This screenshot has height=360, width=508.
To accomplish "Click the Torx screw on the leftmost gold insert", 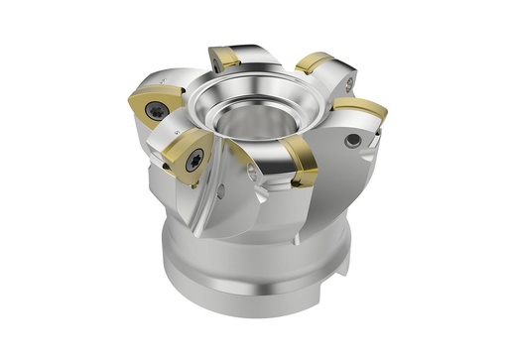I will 156,112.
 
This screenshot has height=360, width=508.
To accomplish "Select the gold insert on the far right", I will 361,107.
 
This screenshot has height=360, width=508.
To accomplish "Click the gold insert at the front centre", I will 299,161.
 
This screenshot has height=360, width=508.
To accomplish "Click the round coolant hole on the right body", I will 352,142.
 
